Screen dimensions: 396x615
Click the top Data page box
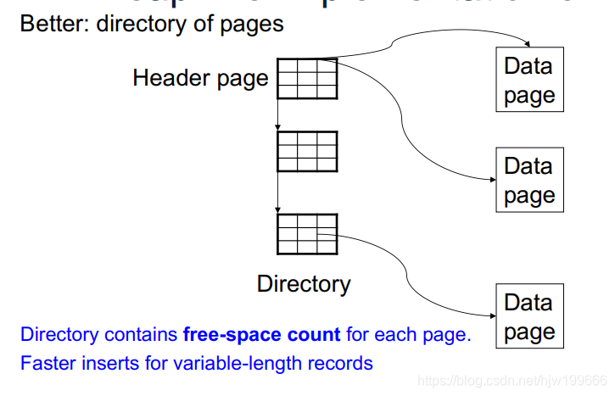coord(528,81)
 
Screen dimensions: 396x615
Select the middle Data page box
coord(528,181)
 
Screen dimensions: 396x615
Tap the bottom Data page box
coord(528,316)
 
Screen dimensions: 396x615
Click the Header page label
coord(200,79)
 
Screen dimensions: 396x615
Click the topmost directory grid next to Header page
coord(307,79)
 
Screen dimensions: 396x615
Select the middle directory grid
coord(307,151)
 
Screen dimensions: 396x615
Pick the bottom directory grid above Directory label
coord(307,233)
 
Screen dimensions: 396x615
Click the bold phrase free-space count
coord(261,334)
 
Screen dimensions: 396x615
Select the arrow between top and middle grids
coord(277,114)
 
